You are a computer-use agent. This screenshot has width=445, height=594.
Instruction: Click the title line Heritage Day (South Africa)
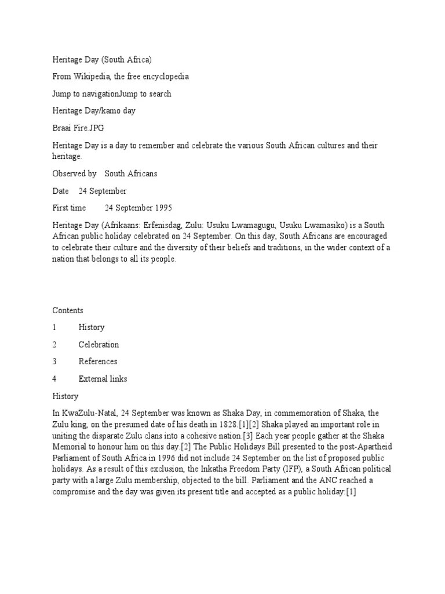point(102,59)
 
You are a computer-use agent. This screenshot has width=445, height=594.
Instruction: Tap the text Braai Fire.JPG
point(79,128)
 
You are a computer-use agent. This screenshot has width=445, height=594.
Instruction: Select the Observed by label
point(74,173)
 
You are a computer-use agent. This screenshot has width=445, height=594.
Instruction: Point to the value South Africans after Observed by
point(130,173)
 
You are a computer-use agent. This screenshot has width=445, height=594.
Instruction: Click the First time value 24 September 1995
point(138,208)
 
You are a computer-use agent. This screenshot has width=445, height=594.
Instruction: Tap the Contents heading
point(68,310)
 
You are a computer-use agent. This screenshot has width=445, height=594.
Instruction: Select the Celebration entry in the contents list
point(99,345)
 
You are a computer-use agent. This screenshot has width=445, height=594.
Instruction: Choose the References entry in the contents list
point(98,361)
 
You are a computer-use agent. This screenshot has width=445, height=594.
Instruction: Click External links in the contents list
point(103,379)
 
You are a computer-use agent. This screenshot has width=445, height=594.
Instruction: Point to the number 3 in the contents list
point(54,361)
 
